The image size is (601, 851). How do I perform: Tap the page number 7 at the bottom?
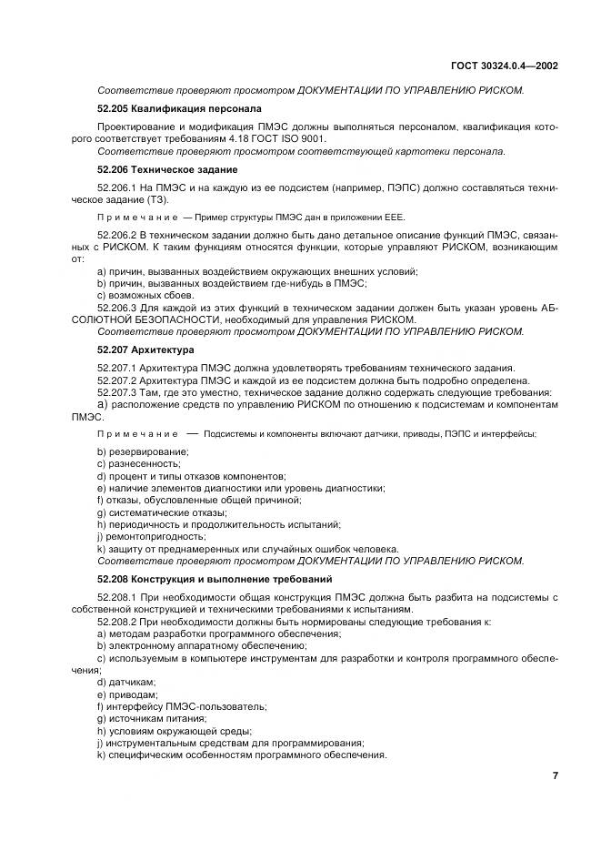click(554, 775)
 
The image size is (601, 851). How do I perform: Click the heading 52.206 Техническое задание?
click(155, 169)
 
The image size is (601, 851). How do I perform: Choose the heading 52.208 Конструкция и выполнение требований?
click(200, 578)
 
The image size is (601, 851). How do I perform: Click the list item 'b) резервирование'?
click(143, 451)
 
